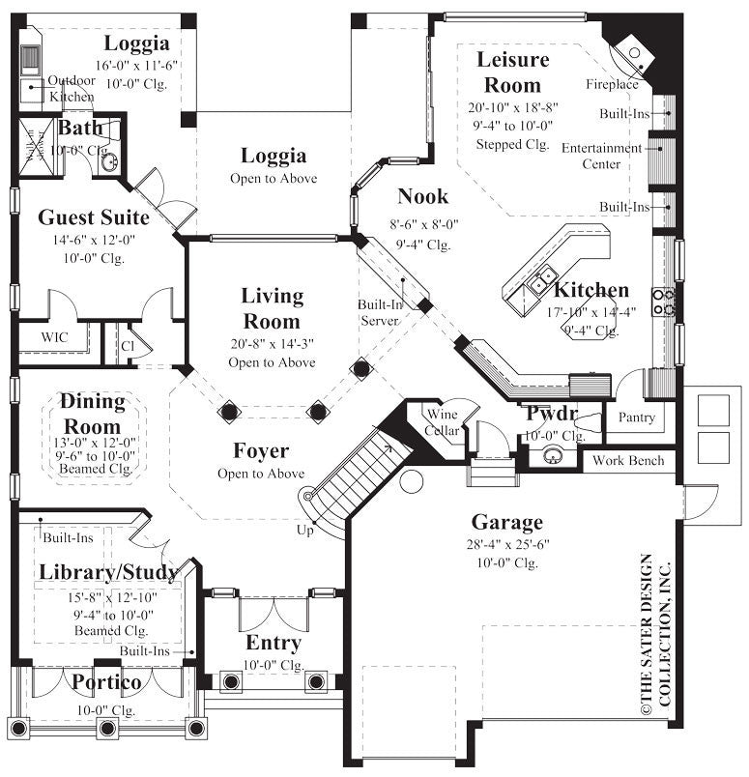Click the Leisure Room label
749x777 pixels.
pyautogui.click(x=512, y=72)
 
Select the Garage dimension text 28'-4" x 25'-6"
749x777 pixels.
pyautogui.click(x=507, y=545)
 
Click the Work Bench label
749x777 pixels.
pyautogui.click(x=628, y=460)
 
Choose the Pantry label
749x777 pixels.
pyautogui.click(x=637, y=417)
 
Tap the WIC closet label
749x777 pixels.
pyautogui.click(x=54, y=337)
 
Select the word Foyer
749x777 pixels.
pyautogui.click(x=261, y=450)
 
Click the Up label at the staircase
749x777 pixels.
pyautogui.click(x=305, y=530)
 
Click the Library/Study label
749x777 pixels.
pyautogui.click(x=108, y=572)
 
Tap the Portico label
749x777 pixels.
pyautogui.click(x=107, y=683)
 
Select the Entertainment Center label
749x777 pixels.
pyautogui.click(x=601, y=156)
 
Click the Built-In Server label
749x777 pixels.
pyautogui.click(x=380, y=312)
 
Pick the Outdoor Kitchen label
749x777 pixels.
pyautogui.click(x=72, y=89)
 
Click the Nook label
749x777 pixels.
pyautogui.click(x=423, y=197)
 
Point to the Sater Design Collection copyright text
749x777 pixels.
pyautogui.click(x=654, y=633)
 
